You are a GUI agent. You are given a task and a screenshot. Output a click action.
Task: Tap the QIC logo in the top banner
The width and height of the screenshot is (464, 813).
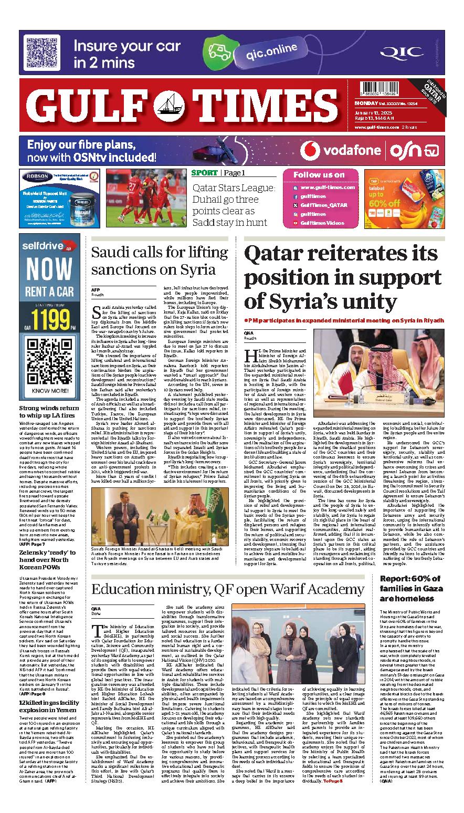click(x=401, y=52)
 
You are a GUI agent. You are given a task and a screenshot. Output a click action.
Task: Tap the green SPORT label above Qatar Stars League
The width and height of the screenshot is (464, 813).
click(x=204, y=173)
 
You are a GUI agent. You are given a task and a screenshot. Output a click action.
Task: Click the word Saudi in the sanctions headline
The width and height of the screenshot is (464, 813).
click(x=112, y=252)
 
